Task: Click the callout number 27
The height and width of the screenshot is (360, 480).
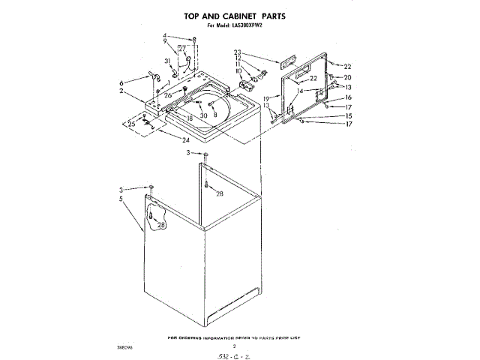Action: (x=181, y=48)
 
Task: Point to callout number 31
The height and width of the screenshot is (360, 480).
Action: (x=167, y=61)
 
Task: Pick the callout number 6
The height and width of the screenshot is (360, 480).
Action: (x=121, y=82)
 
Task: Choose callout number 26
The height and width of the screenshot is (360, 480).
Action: (x=169, y=96)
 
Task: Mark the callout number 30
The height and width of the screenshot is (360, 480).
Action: (x=203, y=115)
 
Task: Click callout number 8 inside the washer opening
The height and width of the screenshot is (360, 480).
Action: (x=215, y=115)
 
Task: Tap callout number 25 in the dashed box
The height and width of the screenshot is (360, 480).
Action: (x=132, y=124)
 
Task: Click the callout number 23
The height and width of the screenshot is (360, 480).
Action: (x=237, y=51)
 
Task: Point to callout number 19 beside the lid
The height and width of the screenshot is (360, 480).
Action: (x=266, y=98)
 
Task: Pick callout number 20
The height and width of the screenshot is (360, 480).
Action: (x=347, y=77)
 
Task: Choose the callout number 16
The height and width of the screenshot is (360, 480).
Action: (x=347, y=97)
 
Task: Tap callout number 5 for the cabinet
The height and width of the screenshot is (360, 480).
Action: (x=121, y=199)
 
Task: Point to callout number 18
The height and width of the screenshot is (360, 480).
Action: (x=190, y=118)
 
